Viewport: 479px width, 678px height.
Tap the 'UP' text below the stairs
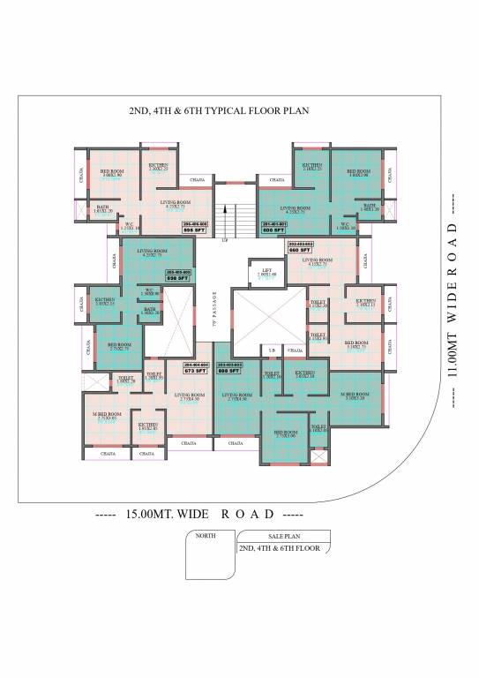pos(225,239)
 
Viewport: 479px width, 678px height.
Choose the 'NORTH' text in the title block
pos(206,536)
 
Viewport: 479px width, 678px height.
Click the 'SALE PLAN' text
pos(284,536)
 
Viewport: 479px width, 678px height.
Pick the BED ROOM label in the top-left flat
pos(111,171)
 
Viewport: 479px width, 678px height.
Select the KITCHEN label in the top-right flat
pos(312,165)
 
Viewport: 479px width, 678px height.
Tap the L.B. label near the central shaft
pos(273,351)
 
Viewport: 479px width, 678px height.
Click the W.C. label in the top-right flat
pos(347,224)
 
